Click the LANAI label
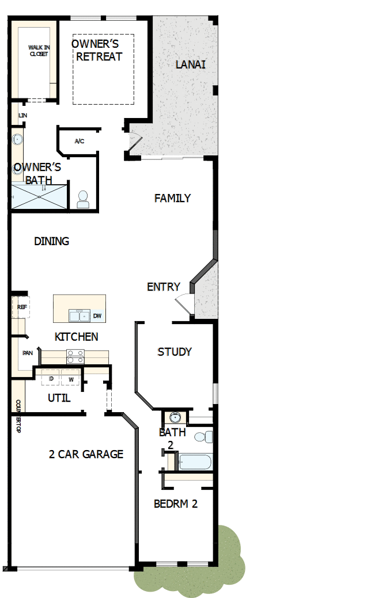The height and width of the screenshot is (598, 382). [190, 64]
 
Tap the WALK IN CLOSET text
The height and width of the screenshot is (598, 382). [39, 51]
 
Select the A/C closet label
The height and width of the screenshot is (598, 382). [80, 141]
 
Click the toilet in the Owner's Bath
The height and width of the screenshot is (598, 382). [83, 199]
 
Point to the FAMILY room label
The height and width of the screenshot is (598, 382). [172, 199]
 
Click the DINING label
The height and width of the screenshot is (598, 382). [52, 242]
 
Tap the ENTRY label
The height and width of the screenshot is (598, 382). [164, 287]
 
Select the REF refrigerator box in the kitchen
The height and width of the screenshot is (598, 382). [22, 307]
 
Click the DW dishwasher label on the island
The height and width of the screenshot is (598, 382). [97, 316]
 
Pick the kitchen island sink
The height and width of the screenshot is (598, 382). [79, 315]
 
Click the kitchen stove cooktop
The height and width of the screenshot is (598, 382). [75, 356]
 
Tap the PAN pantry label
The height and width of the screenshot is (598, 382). [27, 353]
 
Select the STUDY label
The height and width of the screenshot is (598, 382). [175, 352]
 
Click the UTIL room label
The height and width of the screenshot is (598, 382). [59, 398]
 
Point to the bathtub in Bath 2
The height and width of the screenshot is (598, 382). [195, 462]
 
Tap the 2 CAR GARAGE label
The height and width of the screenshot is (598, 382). [86, 454]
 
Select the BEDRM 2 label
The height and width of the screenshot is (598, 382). [176, 504]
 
